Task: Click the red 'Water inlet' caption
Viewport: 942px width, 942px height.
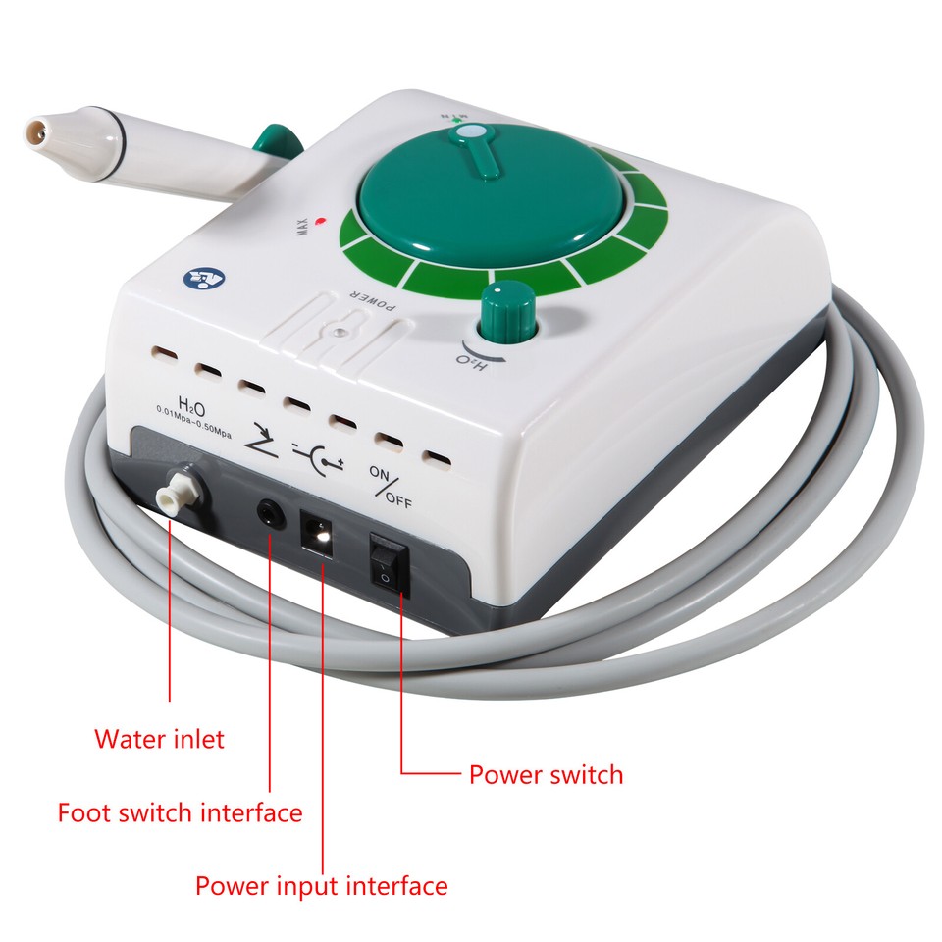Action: point(159,738)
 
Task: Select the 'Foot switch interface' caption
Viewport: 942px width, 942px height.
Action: point(180,812)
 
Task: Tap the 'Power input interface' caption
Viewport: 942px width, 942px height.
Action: point(321,886)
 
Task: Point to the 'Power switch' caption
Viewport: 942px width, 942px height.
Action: point(546,774)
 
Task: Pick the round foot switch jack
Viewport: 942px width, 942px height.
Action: point(268,511)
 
